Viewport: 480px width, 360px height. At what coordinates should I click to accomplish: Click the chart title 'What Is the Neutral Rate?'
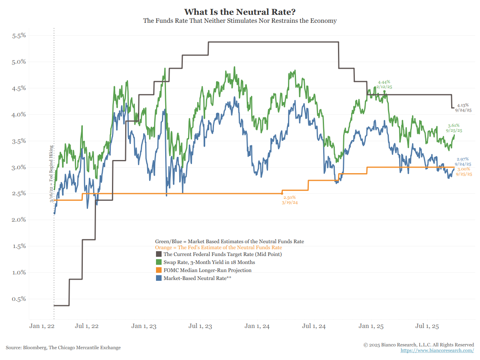[240, 12]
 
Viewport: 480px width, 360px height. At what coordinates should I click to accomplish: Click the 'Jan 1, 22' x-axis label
[42, 326]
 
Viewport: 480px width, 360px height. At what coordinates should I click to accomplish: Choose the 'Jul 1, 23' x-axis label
[200, 326]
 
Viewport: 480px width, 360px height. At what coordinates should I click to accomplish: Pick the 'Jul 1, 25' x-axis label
[427, 326]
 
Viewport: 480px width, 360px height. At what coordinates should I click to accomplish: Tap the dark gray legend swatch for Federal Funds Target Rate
[158, 254]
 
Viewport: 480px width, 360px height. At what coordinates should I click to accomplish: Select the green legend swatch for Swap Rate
[158, 262]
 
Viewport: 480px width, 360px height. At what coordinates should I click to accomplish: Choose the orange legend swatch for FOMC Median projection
[158, 270]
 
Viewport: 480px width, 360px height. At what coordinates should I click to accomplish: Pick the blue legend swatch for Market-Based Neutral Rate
[158, 278]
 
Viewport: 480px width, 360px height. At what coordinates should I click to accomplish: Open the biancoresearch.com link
[437, 350]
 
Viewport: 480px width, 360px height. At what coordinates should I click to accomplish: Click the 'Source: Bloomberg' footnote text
[63, 348]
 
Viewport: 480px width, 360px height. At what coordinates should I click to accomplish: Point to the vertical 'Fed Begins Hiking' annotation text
[52, 174]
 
